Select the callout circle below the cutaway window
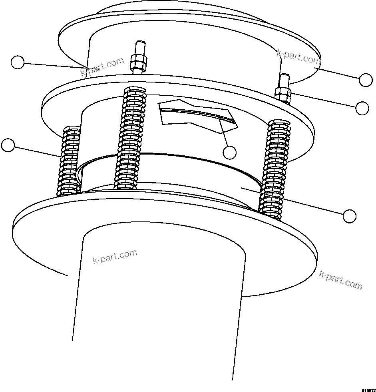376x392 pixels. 229,152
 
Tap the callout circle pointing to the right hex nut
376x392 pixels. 362,108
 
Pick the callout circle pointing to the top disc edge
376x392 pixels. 366,80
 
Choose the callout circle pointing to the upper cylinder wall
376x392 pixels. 17,62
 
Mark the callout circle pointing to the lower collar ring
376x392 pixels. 350,216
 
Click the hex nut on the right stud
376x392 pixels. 283,94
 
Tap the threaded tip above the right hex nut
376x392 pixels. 285,80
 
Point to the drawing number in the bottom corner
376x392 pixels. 368,389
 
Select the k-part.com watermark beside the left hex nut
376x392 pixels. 102,67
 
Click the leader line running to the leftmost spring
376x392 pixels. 38,151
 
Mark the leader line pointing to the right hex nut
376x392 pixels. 324,101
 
